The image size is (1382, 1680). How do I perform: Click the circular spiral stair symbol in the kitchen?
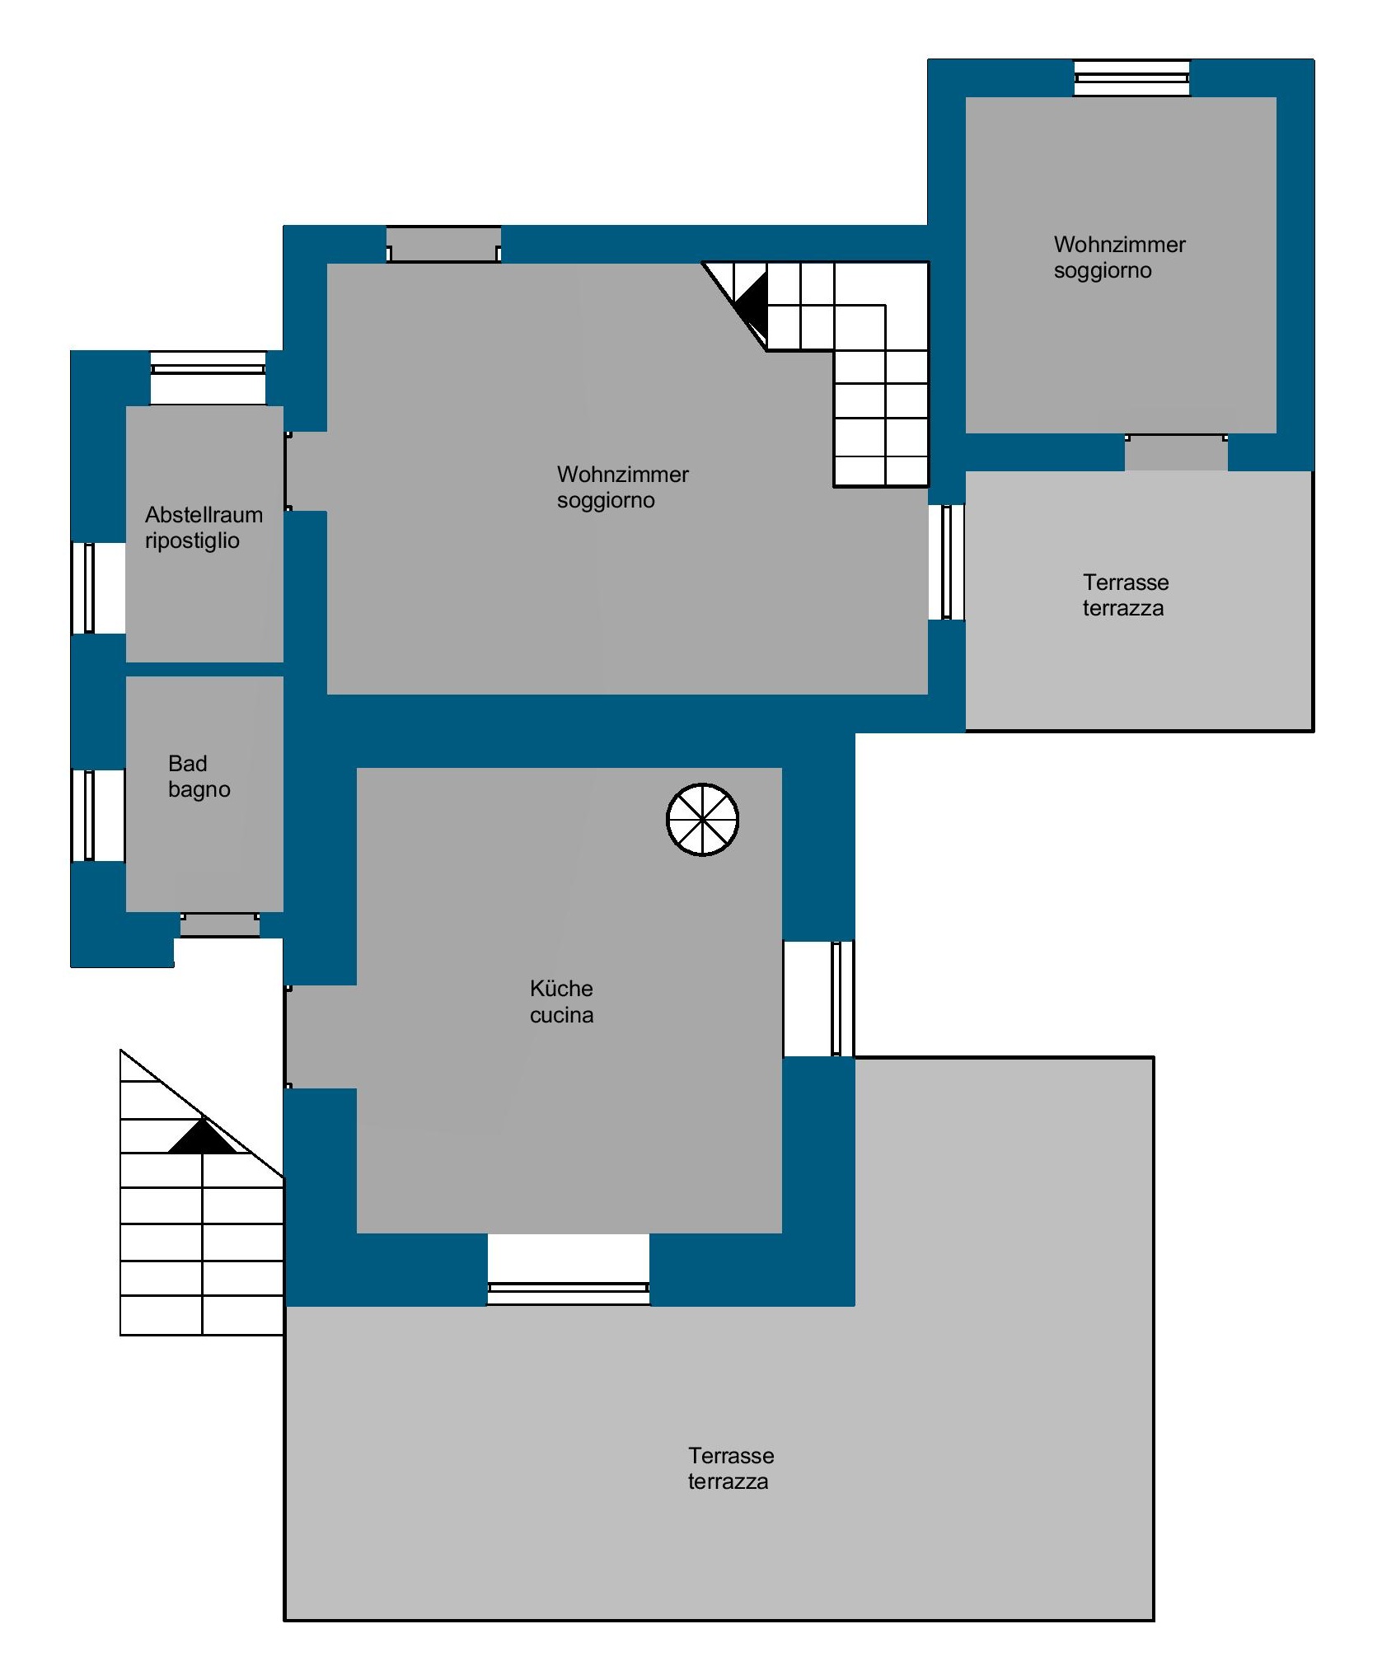(702, 819)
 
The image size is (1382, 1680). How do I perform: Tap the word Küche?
(561, 988)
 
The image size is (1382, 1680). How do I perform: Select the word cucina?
(561, 1015)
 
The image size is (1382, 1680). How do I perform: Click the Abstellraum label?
(204, 515)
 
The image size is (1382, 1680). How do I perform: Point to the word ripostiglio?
(192, 541)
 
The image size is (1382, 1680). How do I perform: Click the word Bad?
(187, 764)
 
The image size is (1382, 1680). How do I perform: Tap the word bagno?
(199, 790)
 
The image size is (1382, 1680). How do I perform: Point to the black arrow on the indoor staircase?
(751, 302)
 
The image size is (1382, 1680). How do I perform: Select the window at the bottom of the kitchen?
(568, 1292)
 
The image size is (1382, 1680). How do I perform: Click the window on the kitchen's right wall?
(837, 998)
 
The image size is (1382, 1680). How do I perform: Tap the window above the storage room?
(208, 363)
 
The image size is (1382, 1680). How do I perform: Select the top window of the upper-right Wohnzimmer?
(1131, 78)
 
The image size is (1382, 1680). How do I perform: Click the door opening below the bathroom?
(220, 924)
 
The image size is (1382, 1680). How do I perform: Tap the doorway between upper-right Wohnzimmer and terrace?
(1176, 452)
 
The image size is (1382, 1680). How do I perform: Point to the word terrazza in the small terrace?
(1123, 609)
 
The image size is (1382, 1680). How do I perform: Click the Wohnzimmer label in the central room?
(622, 475)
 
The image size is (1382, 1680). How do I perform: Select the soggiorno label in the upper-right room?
(1103, 271)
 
